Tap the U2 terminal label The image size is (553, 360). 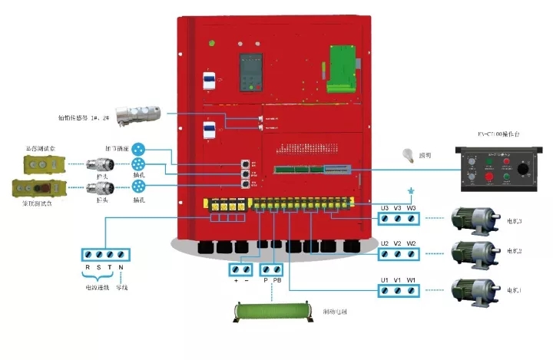(x=385, y=244)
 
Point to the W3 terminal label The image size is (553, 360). (x=412, y=207)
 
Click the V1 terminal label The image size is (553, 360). (x=398, y=279)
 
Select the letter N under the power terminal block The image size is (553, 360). (x=121, y=267)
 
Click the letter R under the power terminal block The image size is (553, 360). (x=88, y=267)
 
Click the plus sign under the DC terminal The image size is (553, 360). (x=235, y=281)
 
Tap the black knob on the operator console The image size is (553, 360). (x=523, y=167)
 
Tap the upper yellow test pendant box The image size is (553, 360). (x=43, y=163)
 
